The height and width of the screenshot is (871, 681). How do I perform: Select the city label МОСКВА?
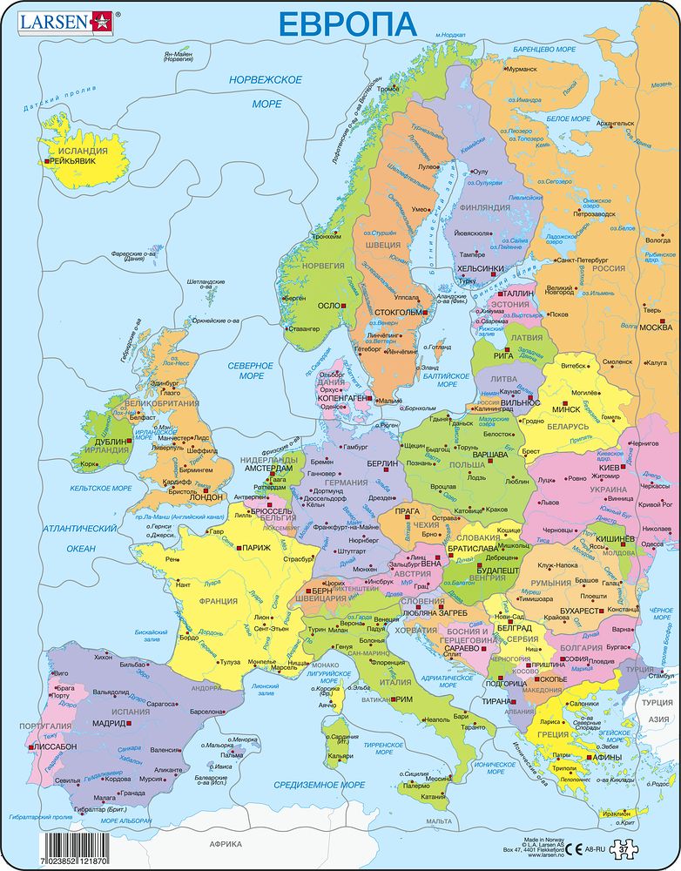click(653, 328)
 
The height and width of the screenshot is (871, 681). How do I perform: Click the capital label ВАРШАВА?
click(489, 455)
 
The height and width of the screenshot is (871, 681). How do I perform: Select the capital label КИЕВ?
click(608, 468)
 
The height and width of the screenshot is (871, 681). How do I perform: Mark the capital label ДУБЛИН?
click(109, 442)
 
